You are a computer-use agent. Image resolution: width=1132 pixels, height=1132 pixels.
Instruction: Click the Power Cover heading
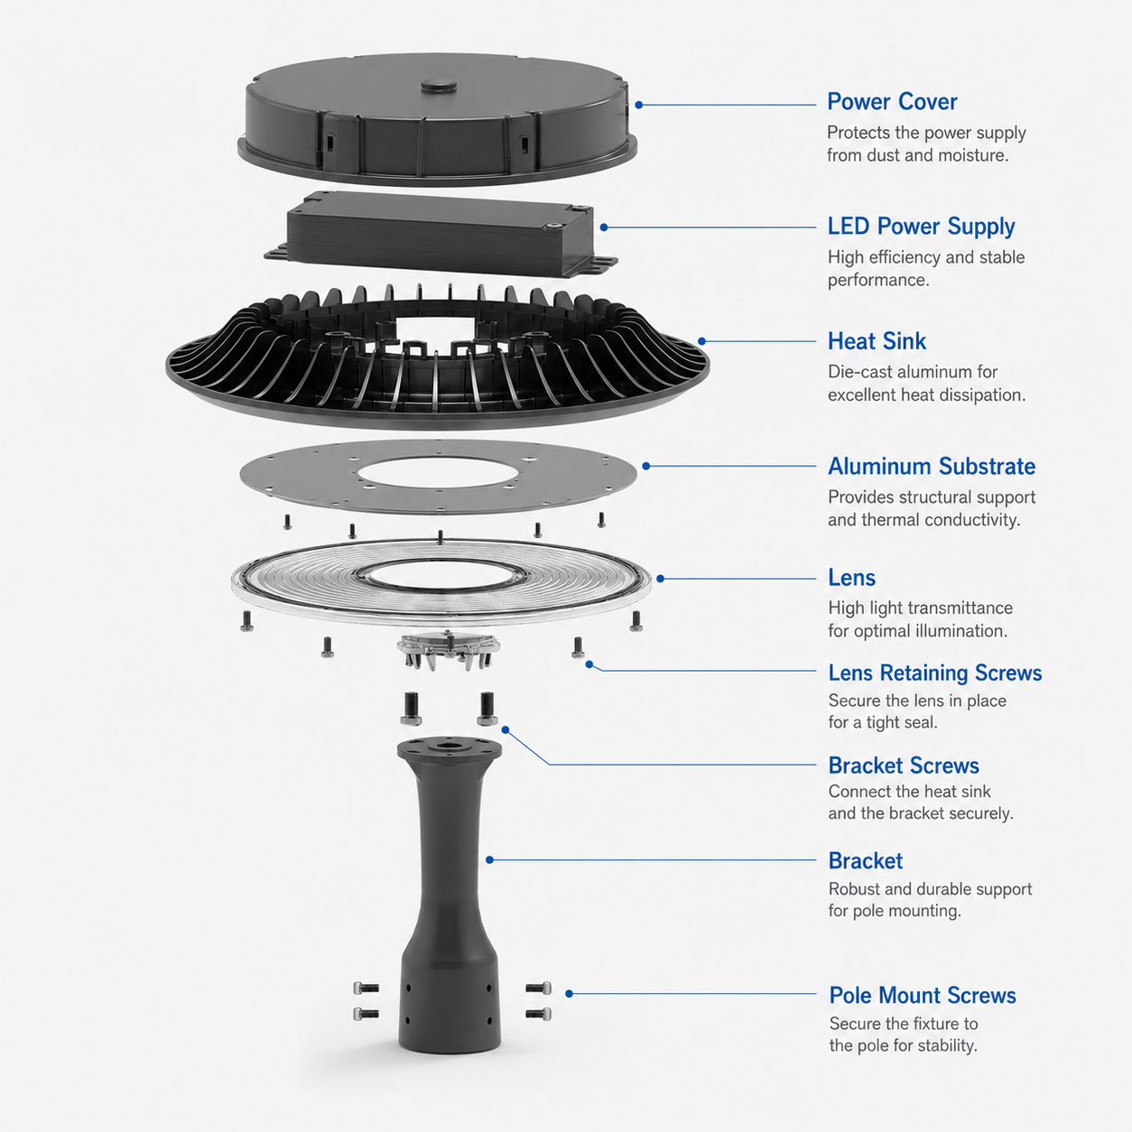click(892, 102)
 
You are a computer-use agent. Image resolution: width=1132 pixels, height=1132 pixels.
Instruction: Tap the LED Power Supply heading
click(921, 227)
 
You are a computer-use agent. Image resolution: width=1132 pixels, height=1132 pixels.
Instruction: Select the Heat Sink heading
click(877, 341)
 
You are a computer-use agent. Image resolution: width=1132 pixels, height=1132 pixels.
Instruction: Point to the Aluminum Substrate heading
click(932, 467)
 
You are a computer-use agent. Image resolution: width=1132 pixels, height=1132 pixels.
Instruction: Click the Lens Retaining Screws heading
click(935, 673)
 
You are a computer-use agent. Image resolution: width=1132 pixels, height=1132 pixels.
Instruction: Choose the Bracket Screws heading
click(904, 766)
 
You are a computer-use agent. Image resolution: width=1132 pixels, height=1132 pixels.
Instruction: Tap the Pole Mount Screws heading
click(923, 996)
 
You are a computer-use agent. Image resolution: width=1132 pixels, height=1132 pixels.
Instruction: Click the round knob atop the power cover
click(438, 85)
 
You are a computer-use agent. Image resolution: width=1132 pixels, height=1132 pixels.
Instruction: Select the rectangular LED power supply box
click(441, 234)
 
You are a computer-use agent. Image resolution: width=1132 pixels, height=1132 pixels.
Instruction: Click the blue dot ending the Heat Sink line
click(702, 341)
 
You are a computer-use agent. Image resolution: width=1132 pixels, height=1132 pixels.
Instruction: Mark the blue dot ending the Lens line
click(660, 579)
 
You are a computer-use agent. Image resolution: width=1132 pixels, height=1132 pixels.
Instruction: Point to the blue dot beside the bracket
click(489, 860)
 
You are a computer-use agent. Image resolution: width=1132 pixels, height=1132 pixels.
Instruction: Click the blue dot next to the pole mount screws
click(569, 994)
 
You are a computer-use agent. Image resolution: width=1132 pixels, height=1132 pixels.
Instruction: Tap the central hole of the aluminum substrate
click(438, 473)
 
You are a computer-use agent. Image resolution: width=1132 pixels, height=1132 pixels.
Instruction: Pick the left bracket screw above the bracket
click(411, 708)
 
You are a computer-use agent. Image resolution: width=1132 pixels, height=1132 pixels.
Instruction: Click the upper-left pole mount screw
click(366, 988)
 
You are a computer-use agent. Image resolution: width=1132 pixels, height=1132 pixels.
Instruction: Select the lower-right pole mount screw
click(538, 1014)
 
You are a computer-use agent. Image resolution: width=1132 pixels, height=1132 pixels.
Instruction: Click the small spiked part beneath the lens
click(449, 650)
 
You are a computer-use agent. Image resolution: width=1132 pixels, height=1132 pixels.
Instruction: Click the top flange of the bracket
click(450, 749)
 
